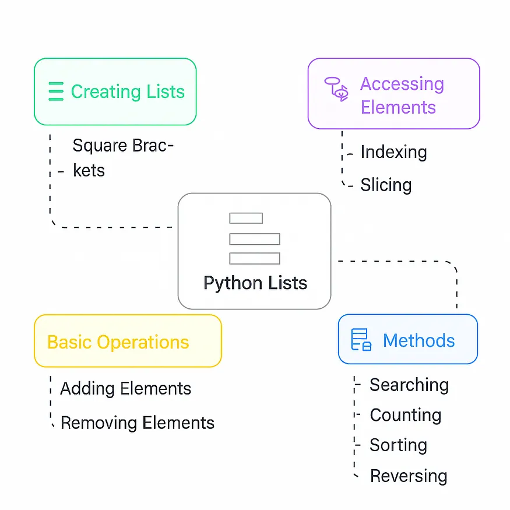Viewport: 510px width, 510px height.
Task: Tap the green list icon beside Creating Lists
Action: (x=55, y=92)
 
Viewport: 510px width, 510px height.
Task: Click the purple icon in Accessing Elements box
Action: (x=336, y=89)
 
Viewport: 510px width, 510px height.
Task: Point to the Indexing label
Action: (x=393, y=152)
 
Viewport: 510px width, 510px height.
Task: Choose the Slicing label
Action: (x=386, y=185)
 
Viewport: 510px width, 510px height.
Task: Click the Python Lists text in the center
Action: (x=255, y=283)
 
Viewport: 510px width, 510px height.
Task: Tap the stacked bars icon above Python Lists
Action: (x=254, y=238)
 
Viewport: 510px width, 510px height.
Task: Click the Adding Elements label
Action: (x=125, y=389)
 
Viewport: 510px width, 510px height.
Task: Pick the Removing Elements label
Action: (x=137, y=423)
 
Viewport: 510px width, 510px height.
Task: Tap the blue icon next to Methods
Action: (x=361, y=340)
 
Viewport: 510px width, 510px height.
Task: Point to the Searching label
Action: (x=409, y=385)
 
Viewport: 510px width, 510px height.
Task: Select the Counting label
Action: (x=405, y=415)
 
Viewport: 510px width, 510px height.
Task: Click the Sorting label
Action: (x=398, y=445)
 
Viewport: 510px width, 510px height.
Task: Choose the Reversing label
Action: (x=409, y=476)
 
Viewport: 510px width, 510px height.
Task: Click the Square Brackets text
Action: (x=122, y=157)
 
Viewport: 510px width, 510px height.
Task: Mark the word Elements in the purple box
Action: (x=398, y=107)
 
